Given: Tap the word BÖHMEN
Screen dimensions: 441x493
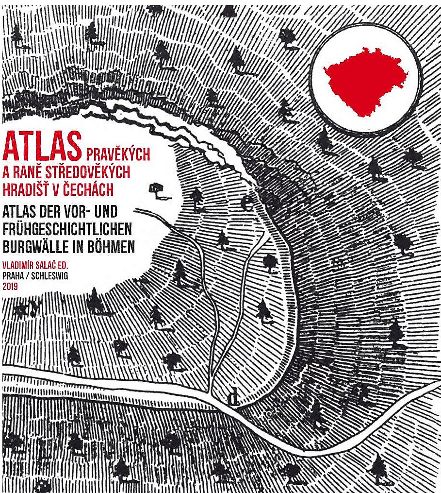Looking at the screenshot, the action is (x=111, y=246).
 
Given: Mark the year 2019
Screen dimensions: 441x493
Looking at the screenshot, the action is (x=11, y=287).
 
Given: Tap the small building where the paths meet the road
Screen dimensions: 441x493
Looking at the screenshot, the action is (x=235, y=397).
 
